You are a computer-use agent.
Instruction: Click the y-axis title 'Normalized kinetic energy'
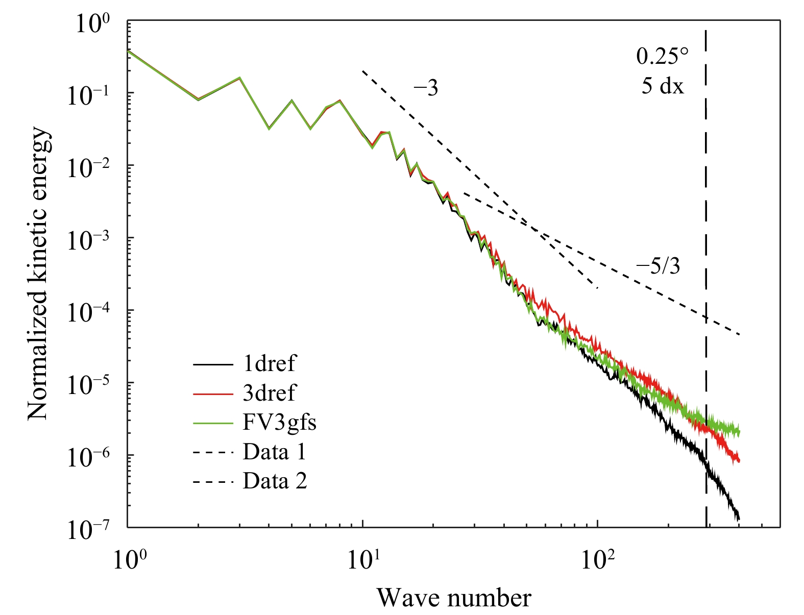pyautogui.click(x=39, y=275)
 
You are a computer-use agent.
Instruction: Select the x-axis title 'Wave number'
pyautogui.click(x=454, y=597)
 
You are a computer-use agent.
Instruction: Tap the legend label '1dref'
pyautogui.click(x=269, y=363)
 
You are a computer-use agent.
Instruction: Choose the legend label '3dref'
pyautogui.click(x=269, y=393)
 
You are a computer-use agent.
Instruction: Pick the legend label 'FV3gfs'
pyautogui.click(x=279, y=423)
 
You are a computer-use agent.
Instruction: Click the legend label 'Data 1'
pyautogui.click(x=274, y=452)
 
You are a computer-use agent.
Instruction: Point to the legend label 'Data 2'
pyautogui.click(x=275, y=481)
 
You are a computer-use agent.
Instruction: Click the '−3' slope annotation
pyautogui.click(x=426, y=88)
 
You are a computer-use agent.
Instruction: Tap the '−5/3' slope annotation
pyautogui.click(x=658, y=266)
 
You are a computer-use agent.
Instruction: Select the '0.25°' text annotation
pyautogui.click(x=663, y=57)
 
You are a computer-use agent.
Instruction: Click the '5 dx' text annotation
pyautogui.click(x=663, y=86)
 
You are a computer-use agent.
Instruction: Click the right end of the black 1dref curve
pyautogui.click(x=739, y=519)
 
